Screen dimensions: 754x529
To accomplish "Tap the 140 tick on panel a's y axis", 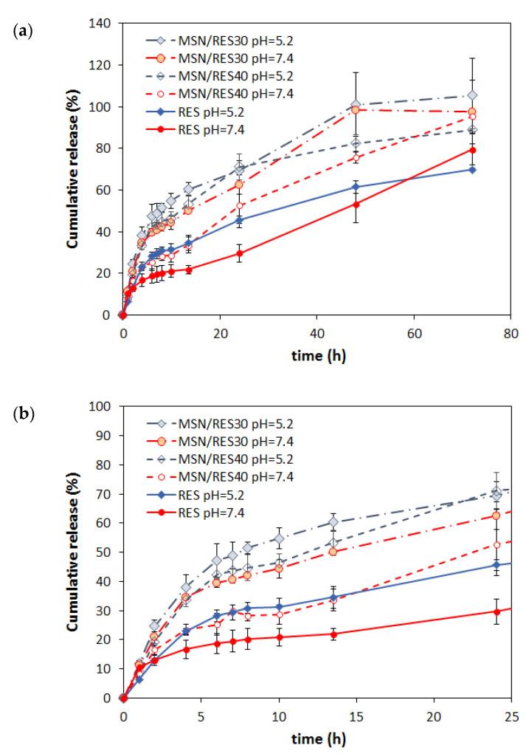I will click(103, 24).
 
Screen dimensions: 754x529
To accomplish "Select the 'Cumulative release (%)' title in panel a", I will click(75, 169).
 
